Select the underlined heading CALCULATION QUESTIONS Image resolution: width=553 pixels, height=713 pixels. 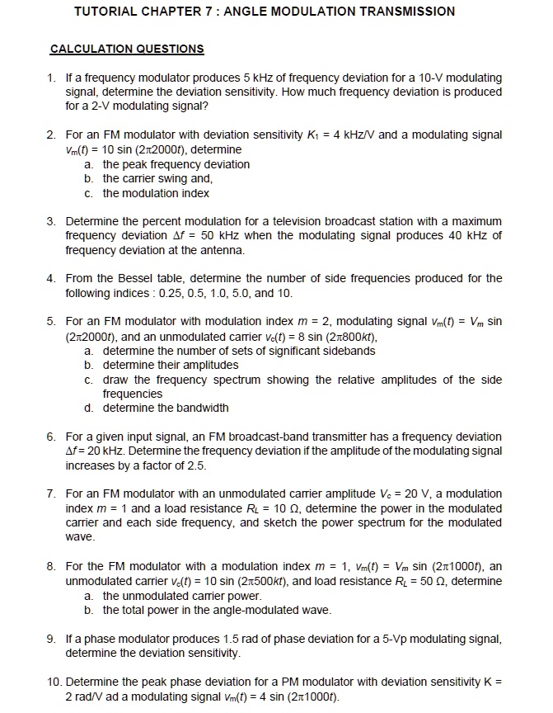pos(127,49)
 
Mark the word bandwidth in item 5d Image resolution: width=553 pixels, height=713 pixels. pos(199,408)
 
